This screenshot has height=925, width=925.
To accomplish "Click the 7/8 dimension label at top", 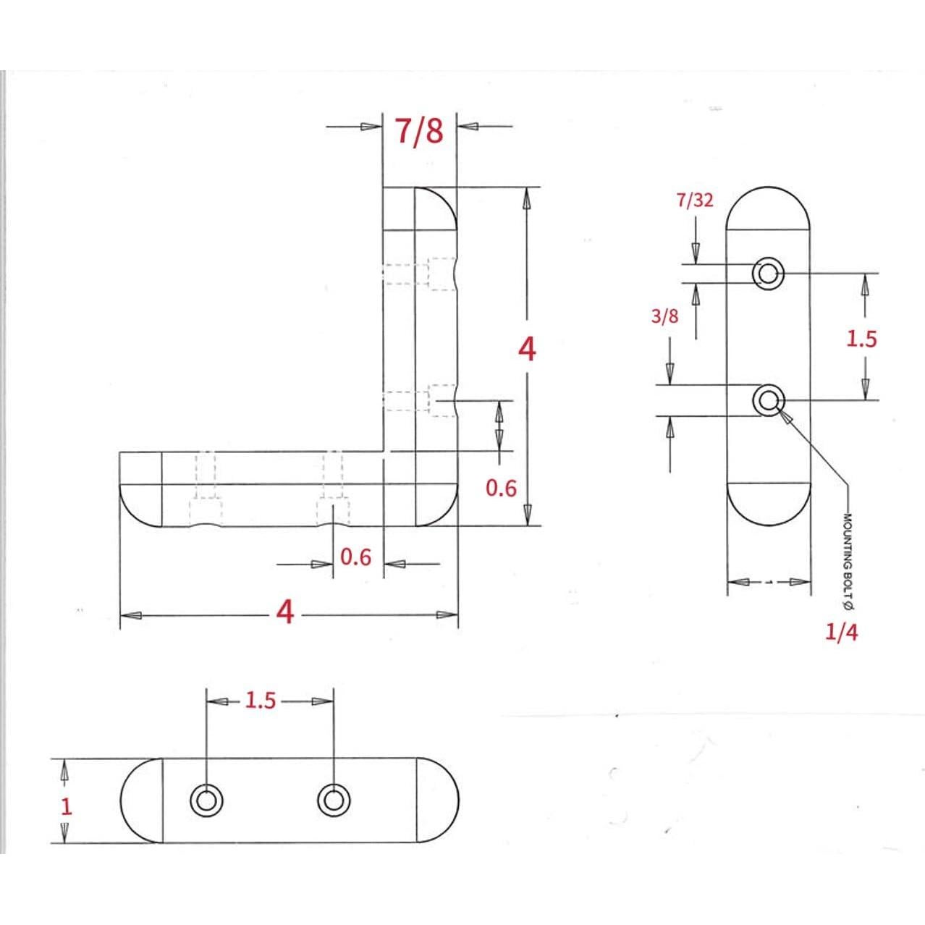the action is pyautogui.click(x=419, y=132).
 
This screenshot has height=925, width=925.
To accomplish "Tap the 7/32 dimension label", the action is pyautogui.click(x=695, y=200).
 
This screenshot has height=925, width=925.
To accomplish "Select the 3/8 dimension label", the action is pyautogui.click(x=665, y=316).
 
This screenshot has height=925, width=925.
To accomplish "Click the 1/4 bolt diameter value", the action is pyautogui.click(x=841, y=633).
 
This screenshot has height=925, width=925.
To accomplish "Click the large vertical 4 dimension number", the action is pyautogui.click(x=527, y=349).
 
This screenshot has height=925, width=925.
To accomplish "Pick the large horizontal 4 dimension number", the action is pyautogui.click(x=285, y=612).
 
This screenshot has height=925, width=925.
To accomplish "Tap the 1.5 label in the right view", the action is pyautogui.click(x=861, y=339).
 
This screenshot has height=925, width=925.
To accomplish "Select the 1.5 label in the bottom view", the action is pyautogui.click(x=261, y=701).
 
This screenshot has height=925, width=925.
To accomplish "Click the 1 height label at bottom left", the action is pyautogui.click(x=67, y=807).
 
